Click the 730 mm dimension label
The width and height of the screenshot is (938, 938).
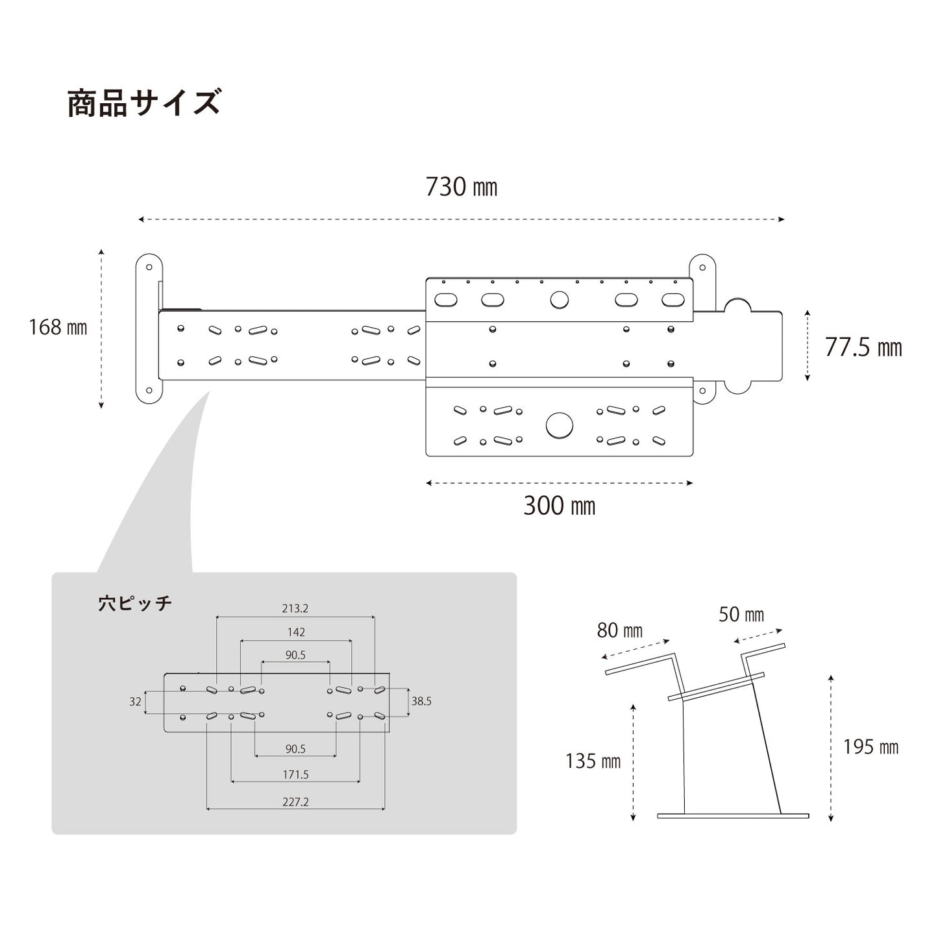coord(461,187)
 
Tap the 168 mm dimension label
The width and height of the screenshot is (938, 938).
coord(58,327)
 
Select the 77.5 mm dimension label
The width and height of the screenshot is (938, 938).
coord(863,347)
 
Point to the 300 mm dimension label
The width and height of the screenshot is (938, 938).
coord(559,506)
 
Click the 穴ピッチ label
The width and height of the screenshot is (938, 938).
coord(135,603)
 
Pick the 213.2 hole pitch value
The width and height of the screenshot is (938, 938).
coord(295,608)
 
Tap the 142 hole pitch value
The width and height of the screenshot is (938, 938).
coord(295,632)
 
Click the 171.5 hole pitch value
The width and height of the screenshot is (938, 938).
coord(295,774)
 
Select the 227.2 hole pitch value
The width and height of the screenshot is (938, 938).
coord(295,802)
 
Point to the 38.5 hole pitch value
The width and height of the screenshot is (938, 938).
coord(421,701)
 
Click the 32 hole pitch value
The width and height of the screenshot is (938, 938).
coord(135,701)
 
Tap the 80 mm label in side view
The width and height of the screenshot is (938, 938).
coord(619,630)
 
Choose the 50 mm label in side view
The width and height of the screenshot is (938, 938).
coord(741,614)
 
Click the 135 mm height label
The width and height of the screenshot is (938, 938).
coord(593,761)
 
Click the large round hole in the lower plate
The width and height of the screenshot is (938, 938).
coord(560,425)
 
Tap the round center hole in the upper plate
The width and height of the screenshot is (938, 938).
coord(559,300)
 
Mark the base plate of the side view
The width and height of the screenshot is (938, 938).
coord(733,815)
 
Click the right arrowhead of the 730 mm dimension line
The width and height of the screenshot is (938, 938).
coord(782,219)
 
